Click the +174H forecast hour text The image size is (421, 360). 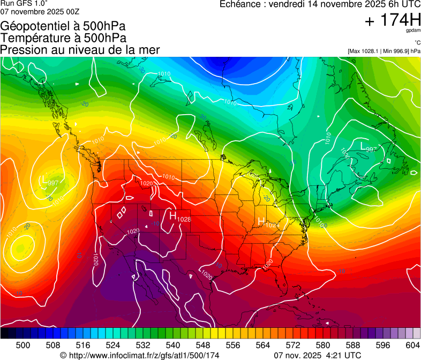click(392, 21)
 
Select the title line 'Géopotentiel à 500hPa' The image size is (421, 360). click(63, 26)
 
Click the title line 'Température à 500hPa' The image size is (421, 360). click(63, 38)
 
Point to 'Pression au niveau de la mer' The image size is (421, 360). click(80, 50)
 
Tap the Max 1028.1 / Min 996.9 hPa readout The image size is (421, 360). click(384, 51)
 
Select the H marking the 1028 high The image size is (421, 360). click(173, 215)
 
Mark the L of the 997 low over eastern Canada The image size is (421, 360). click(363, 145)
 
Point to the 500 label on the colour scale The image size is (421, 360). click(23, 344)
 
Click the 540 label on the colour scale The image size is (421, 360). click(172, 344)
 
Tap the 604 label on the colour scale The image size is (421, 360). click(412, 344)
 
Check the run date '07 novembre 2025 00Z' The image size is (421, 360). click(40, 11)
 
